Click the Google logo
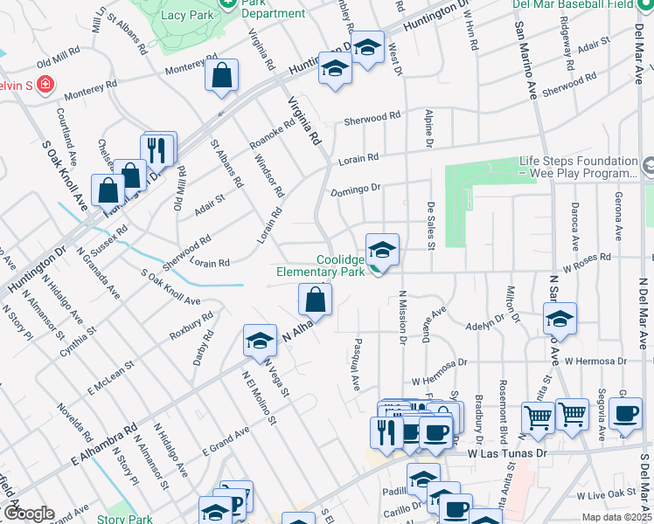(28, 514)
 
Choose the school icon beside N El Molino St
(260, 341)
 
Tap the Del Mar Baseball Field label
(584, 3)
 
